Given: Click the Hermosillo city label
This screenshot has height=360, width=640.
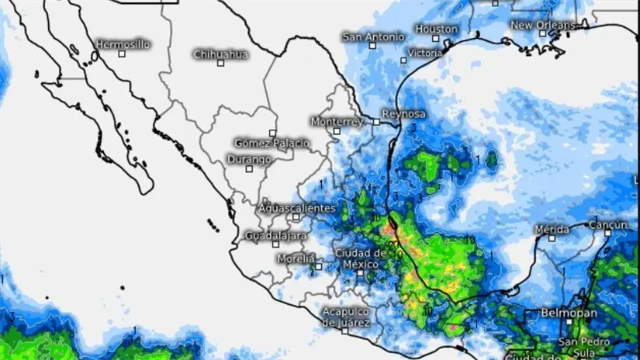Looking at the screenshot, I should pos(123,44).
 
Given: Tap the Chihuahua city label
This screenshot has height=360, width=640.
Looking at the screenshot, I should pos(220,54).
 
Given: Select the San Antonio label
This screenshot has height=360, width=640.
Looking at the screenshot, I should pos(373,36).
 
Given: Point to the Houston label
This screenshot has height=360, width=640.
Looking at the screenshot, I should pos(437,29).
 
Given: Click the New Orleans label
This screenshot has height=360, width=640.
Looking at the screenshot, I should pos(543,25).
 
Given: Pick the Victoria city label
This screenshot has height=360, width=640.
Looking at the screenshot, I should pos(424,53).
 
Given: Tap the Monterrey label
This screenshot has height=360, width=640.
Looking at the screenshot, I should pos(337,122).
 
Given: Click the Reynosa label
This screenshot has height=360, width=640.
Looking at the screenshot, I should pos(405,113).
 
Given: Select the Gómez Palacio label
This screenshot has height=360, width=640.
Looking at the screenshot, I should pos(272,143).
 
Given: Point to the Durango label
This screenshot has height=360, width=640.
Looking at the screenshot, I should pos(249,159).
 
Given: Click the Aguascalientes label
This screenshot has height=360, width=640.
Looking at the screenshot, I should pos(297,208).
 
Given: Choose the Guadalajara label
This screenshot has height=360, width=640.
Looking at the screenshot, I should pos(275,235).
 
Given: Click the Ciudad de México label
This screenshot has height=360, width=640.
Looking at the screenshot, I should pos(360,258).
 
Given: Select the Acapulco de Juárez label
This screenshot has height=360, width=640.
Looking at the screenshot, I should pos(346,317).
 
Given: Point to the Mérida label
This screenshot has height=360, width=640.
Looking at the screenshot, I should pos(552,229).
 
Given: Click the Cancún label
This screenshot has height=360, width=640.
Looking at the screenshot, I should pos(607,225).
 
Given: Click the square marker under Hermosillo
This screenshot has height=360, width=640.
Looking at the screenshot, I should pos(122,54).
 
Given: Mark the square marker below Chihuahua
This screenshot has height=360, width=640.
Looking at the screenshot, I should pos(220,63).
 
